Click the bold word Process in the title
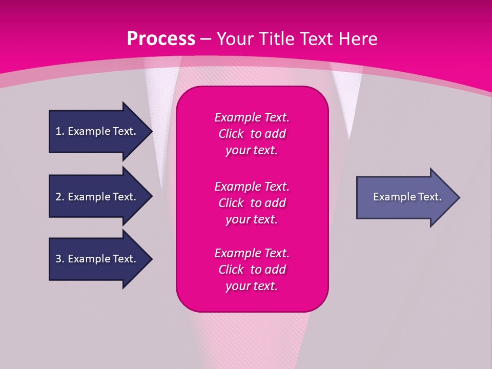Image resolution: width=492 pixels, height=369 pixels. [x=161, y=39]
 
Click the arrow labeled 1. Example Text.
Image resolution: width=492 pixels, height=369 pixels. [x=97, y=131]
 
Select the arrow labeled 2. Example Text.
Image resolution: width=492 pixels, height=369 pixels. [x=97, y=197]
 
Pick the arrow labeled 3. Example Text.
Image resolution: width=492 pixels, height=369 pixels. [x=97, y=259]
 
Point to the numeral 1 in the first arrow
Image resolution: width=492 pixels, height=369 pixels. [x=58, y=131]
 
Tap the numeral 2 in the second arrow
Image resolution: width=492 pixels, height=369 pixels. [x=58, y=197]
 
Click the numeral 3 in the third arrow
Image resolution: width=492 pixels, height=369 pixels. [x=58, y=259]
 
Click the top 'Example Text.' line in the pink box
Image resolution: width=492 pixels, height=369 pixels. [x=252, y=117]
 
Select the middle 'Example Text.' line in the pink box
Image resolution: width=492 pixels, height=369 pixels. [x=252, y=186]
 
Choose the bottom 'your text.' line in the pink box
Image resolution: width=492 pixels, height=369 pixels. [x=252, y=286]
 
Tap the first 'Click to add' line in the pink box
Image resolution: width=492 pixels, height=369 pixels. [x=252, y=134]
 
